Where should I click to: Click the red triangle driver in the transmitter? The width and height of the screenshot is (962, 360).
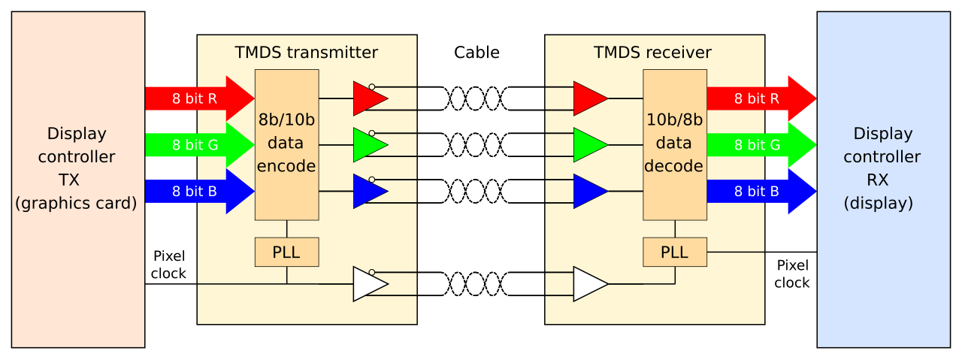pos(368,98)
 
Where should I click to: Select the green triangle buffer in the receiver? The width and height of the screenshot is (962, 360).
pos(589,145)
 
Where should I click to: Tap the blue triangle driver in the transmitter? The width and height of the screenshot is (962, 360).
pos(368,191)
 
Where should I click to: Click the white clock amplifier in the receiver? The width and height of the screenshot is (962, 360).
pos(589,284)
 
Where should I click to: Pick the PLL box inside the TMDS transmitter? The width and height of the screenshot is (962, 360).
pos(287,253)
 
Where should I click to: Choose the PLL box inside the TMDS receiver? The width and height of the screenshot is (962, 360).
pos(675,253)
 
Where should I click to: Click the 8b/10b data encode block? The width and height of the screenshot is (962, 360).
pos(287,145)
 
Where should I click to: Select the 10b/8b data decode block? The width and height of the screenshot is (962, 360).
pos(675,145)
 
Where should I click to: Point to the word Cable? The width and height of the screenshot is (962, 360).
pos(476,53)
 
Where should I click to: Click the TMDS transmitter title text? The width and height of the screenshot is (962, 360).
pos(306,53)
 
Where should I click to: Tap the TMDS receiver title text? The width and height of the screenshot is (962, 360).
pos(652,53)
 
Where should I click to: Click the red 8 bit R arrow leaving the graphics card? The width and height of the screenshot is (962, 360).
pos(200,98)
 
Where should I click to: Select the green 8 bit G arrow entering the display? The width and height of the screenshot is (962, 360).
pos(761,145)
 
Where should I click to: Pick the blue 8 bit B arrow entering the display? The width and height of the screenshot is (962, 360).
pos(761,191)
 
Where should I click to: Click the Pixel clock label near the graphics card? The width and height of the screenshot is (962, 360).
pos(168,265)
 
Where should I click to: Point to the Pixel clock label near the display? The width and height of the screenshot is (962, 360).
pos(792,274)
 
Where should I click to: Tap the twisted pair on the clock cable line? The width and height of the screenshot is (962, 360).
pos(475,284)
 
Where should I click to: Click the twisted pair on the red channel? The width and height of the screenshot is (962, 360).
pos(475,98)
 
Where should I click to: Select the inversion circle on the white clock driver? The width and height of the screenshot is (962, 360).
pos(372,272)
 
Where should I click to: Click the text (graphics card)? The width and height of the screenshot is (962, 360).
pos(76,203)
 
